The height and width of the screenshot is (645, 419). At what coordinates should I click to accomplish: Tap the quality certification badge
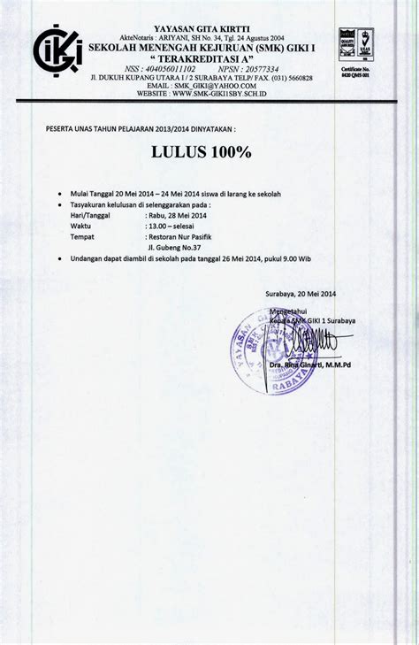pyautogui.click(x=357, y=45)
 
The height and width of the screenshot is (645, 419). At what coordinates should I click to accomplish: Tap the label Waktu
pyautogui.click(x=81, y=226)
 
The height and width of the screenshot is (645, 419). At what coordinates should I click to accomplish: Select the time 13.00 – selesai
pyautogui.click(x=171, y=226)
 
